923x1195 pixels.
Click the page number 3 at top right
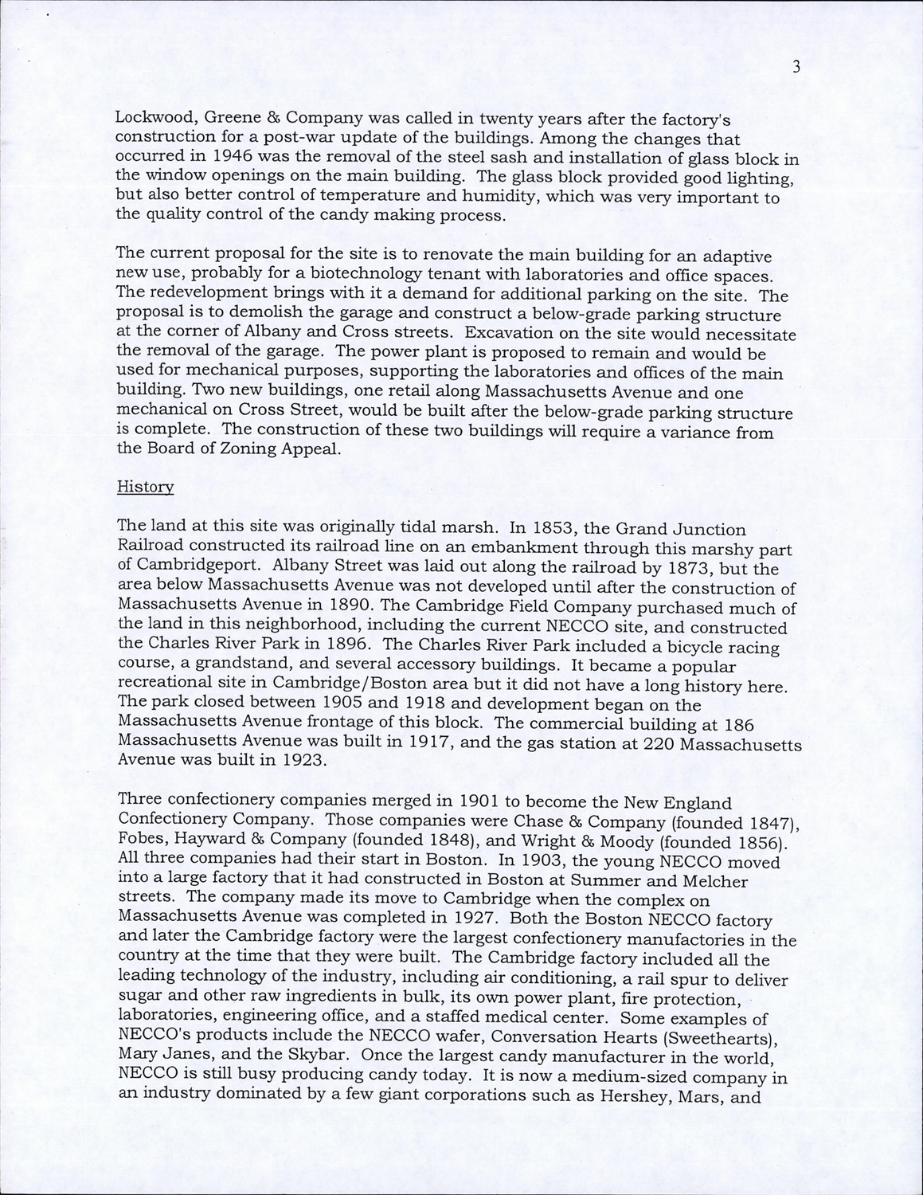pos(796,68)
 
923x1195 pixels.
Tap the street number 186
pos(739,725)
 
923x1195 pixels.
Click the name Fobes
pos(140,842)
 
